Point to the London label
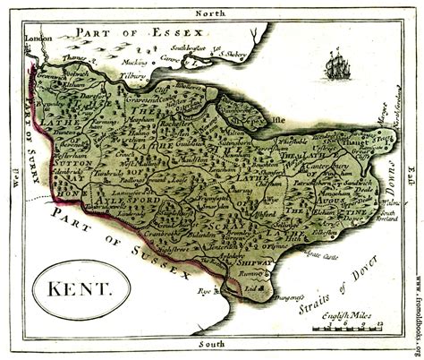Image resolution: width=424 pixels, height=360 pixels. point(37,41)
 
